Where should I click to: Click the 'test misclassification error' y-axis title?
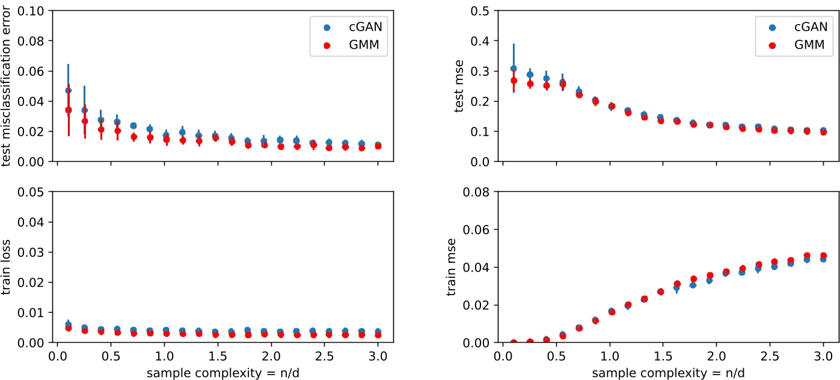tap(7, 86)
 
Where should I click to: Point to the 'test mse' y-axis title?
tap(458, 86)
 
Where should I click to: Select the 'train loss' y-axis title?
tap(7, 267)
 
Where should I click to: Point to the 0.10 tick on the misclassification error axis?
tap(36, 11)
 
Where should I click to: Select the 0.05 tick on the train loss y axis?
tap(36, 192)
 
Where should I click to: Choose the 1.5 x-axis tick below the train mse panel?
tap(663, 355)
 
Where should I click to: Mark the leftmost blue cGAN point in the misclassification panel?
tap(68, 90)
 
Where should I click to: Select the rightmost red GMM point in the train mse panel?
tap(823, 256)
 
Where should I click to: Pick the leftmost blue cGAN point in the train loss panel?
tap(68, 325)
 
